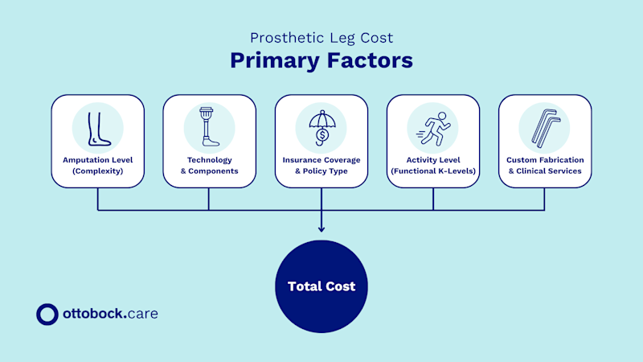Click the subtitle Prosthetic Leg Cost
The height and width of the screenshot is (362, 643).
point(321,38)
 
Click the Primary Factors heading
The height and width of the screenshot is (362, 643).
point(321,61)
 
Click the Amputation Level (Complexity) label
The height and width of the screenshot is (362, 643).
point(97,165)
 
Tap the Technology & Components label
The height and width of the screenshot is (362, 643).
point(209,165)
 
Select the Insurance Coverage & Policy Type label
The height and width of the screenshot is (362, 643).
point(321,165)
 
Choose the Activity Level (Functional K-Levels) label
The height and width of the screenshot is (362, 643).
point(433,165)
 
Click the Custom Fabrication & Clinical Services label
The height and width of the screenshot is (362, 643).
point(544,165)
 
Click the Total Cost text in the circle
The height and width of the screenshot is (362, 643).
point(321,286)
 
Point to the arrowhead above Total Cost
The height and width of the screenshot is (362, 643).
point(321,228)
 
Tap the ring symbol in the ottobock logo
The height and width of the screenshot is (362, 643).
point(47,314)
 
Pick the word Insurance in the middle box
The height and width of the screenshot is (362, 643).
point(303,159)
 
